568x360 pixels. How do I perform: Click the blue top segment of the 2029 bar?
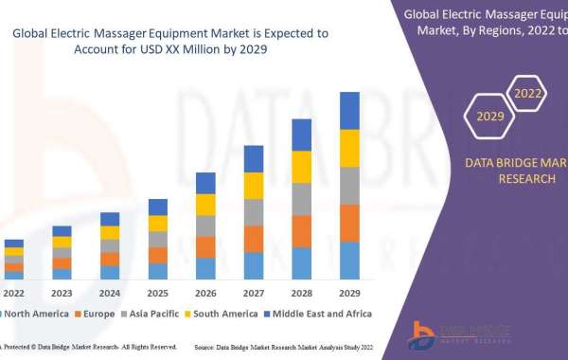[x=349, y=110]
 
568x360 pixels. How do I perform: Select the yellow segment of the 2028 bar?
[x=301, y=167]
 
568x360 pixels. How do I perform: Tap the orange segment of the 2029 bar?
[x=349, y=223]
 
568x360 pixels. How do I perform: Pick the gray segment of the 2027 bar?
[x=253, y=212]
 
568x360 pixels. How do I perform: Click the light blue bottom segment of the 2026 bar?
[x=205, y=268]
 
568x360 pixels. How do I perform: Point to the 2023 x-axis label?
[x=62, y=293]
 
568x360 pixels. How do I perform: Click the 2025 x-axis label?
[x=157, y=293]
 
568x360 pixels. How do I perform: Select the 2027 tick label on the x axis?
[x=253, y=293]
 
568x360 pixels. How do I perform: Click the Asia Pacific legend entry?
[x=153, y=314]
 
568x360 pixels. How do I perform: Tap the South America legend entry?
[x=225, y=314]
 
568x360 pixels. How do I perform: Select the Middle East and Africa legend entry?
[x=322, y=314]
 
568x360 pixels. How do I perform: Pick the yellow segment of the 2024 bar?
[x=110, y=232]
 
